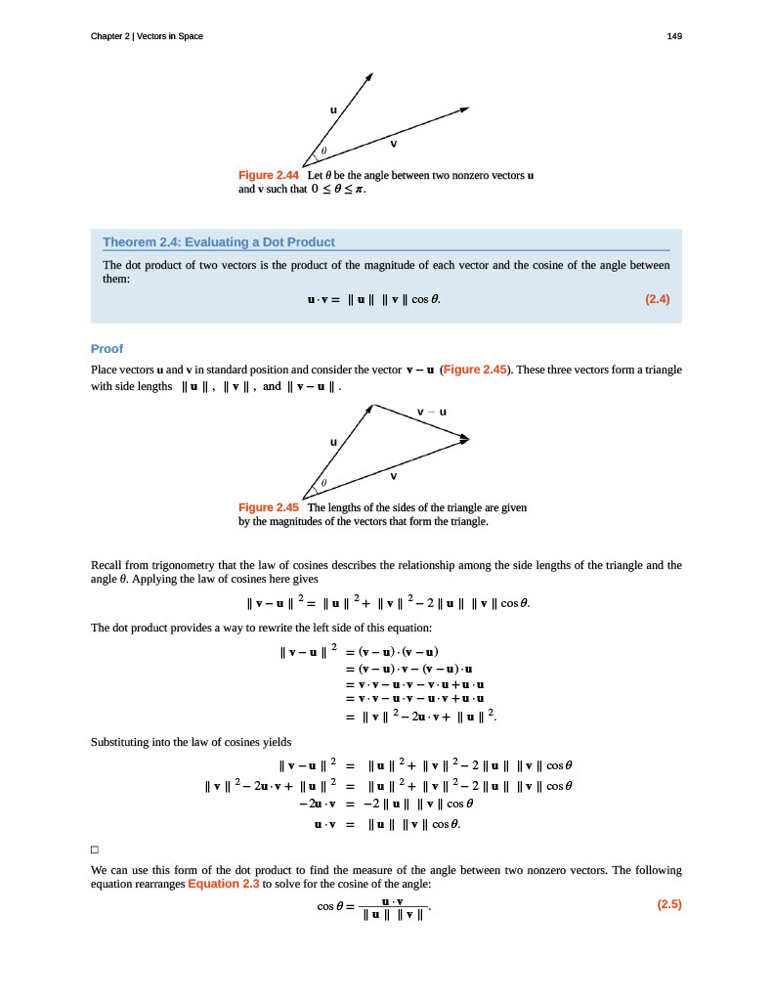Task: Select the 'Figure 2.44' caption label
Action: pos(269,175)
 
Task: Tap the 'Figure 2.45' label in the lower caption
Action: pos(269,508)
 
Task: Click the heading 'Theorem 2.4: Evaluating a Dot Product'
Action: pos(219,242)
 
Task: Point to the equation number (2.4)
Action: pos(658,299)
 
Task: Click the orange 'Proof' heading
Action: pos(107,348)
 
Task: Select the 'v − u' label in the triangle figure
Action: pos(431,412)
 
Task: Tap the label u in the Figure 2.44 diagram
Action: pos(333,110)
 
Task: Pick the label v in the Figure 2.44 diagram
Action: pos(393,144)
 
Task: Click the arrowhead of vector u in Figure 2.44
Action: pos(370,74)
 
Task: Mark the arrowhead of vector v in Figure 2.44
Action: pos(465,109)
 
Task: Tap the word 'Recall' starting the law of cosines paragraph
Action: pos(107,565)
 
